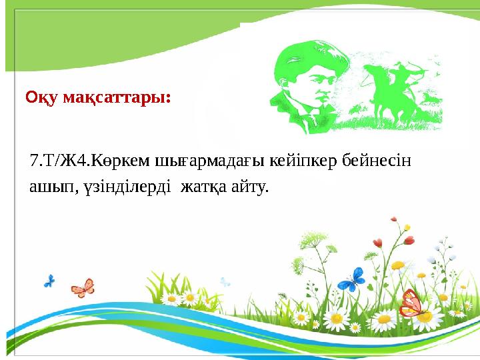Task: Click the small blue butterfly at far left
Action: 49,281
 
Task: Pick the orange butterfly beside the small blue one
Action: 83,287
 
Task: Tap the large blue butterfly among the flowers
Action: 350,279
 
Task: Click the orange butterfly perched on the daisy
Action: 411,303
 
